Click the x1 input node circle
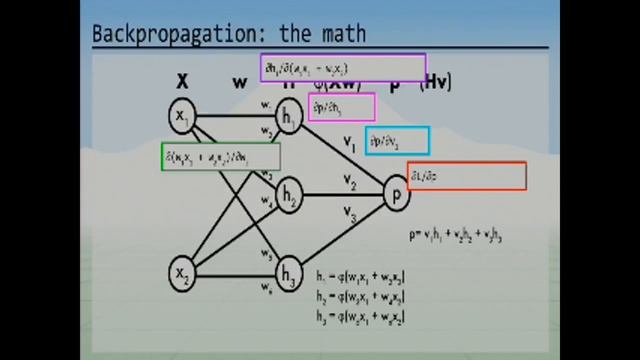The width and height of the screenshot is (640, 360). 183,117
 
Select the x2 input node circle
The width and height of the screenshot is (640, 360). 183,272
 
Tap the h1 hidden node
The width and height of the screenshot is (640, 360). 291,119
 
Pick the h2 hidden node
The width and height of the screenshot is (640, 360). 290,195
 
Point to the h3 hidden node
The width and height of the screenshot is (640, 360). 290,272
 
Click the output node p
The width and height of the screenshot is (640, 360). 397,192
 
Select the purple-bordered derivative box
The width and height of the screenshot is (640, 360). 342,68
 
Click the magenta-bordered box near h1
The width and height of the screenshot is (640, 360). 341,107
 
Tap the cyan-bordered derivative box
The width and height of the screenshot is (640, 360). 397,141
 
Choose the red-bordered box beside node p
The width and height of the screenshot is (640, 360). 466,176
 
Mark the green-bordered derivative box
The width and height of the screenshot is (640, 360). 220,157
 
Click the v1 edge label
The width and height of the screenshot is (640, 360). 350,143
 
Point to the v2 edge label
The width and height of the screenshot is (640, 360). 349,182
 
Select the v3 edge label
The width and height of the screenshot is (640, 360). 349,211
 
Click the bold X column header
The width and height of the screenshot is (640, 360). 183,81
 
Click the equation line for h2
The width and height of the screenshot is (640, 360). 359,297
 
